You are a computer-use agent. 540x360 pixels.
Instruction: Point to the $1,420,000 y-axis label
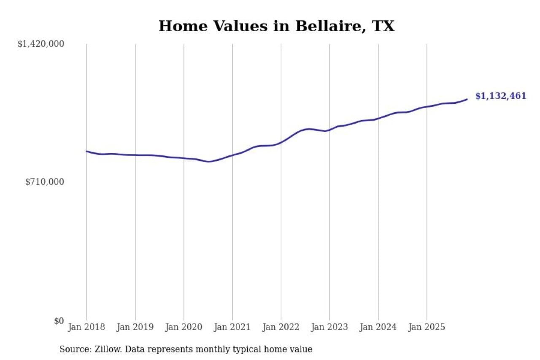(40, 44)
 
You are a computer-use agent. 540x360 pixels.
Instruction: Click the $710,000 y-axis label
(45, 182)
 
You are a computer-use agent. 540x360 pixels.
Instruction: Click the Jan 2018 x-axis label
(87, 328)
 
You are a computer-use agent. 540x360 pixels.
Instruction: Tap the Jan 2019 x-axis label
(135, 328)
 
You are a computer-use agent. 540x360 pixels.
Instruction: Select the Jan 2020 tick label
(184, 328)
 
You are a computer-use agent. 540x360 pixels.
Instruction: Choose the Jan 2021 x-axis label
(232, 328)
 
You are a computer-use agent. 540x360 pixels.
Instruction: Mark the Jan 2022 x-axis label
(281, 328)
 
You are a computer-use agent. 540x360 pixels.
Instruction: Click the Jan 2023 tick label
(329, 328)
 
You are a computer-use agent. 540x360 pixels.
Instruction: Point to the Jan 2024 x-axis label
(378, 328)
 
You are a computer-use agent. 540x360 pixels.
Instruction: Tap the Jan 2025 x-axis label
(427, 328)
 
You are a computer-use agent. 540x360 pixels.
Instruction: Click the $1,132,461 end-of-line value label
(501, 96)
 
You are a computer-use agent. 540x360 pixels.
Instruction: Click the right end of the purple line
(467, 99)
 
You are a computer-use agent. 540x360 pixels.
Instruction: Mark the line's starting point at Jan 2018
(87, 151)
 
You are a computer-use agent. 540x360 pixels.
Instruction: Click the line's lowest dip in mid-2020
(208, 162)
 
